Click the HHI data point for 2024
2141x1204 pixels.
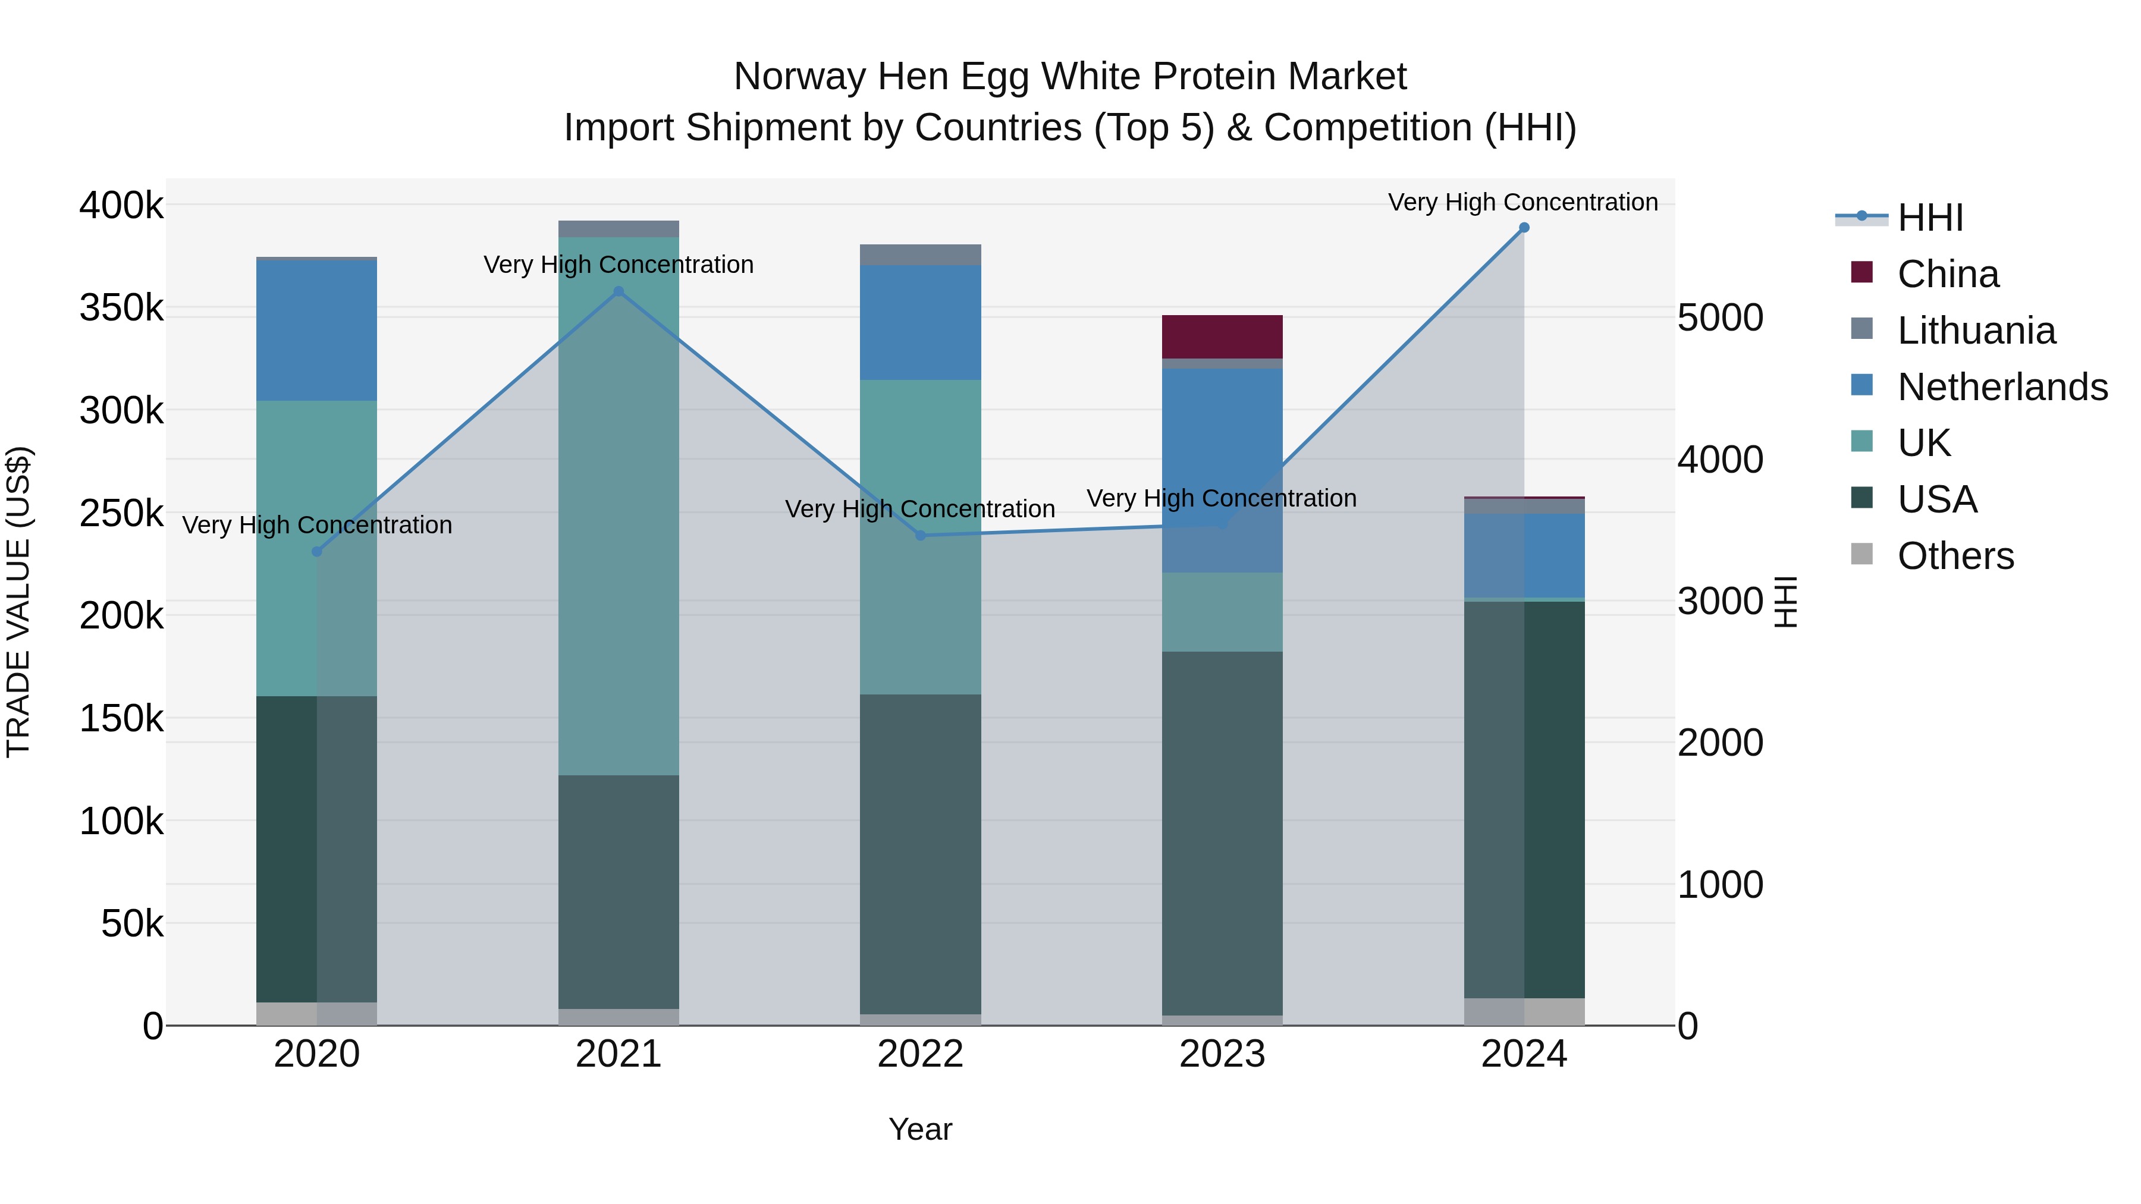click(1524, 228)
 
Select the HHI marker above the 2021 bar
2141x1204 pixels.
click(619, 292)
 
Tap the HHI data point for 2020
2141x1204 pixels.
click(316, 552)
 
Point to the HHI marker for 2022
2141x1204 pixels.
click(920, 536)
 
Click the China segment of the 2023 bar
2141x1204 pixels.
click(1222, 337)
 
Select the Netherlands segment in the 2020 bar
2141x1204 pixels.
click(316, 331)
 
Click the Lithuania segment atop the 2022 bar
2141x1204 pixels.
click(920, 255)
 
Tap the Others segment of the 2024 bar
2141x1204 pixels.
click(1524, 1011)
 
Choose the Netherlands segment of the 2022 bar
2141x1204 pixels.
click(920, 322)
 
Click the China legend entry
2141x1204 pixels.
click(1947, 274)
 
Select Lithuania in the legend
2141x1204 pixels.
click(1976, 331)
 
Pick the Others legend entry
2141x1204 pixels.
click(1955, 556)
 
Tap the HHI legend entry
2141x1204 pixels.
click(1930, 218)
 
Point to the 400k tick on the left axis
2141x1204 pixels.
click(121, 205)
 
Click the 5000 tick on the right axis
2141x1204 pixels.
click(1719, 317)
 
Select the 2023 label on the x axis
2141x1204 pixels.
click(1222, 1054)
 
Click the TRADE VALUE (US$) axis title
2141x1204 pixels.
click(18, 602)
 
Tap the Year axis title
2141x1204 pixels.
click(920, 1129)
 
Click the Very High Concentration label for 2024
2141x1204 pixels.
click(1522, 202)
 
